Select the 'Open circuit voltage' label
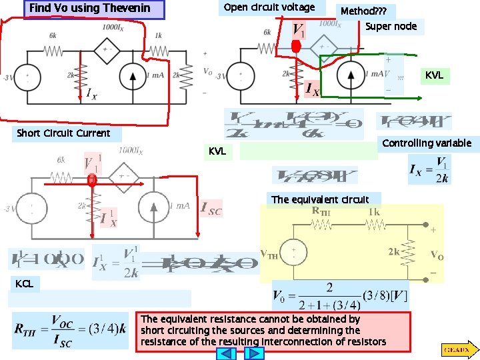coord(269,7)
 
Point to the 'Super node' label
coord(391,26)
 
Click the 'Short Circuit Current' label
coord(63,133)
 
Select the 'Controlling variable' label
coord(427,143)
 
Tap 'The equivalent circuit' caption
coord(320,199)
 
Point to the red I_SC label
coord(211,209)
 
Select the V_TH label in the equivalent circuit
coord(269,254)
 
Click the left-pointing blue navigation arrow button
coord(228,353)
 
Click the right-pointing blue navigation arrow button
coord(255,353)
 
